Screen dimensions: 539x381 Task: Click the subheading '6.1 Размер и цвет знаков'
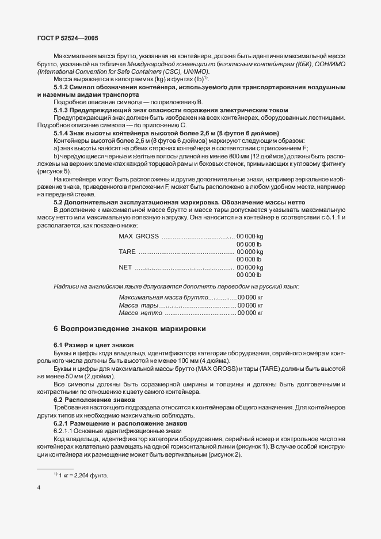pyautogui.click(x=86, y=344)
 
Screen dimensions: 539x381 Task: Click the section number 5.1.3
pyautogui.click(x=62, y=109)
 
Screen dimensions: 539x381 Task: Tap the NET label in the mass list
pyautogui.click(x=125, y=267)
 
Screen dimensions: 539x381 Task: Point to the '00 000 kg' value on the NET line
pyautogui.click(x=250, y=267)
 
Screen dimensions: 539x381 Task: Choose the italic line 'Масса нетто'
pyautogui.click(x=140, y=312)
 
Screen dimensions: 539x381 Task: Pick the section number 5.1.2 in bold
pyautogui.click(x=62, y=86)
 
